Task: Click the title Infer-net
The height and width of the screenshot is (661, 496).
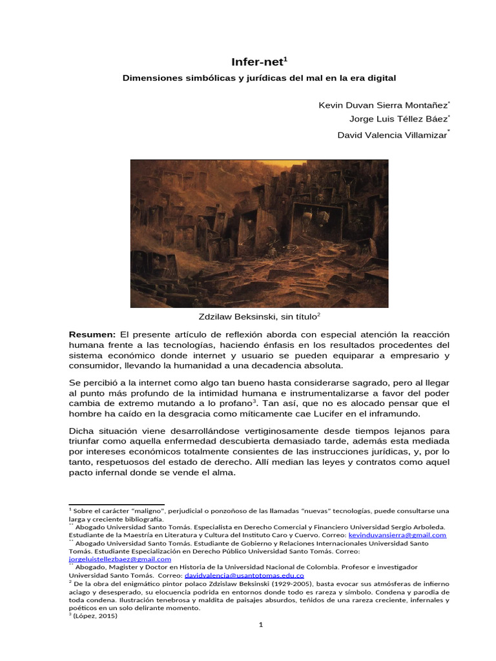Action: point(258,61)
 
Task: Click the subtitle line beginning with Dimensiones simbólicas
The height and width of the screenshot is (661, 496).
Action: point(258,77)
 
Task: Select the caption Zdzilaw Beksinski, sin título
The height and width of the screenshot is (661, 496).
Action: point(258,317)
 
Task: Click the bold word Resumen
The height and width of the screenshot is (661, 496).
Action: point(92,334)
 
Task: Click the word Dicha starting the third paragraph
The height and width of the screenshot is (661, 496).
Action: point(82,431)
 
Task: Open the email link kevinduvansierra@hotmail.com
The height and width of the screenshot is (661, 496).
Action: point(397,535)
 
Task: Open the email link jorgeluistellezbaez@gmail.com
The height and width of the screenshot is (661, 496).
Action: point(120,559)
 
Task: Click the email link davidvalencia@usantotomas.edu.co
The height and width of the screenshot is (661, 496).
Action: point(244,575)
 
